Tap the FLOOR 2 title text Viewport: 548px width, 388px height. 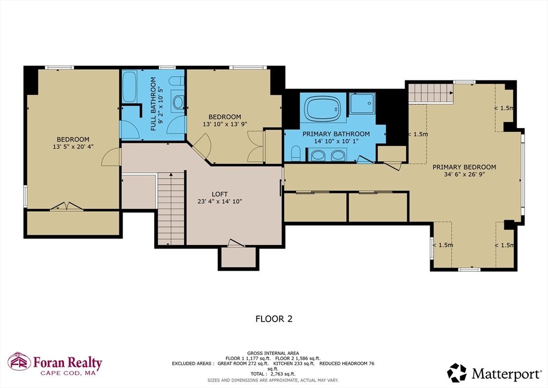point(273,319)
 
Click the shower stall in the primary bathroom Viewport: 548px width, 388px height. point(363,103)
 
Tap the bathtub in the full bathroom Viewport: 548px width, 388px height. point(130,88)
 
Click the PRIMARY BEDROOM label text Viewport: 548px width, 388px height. point(464,167)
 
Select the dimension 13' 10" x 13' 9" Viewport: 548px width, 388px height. point(224,124)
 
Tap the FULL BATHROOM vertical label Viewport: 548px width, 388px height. point(153,105)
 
